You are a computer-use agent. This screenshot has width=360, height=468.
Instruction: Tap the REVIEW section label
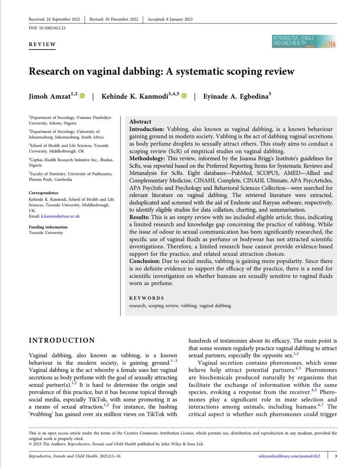click(x=43, y=44)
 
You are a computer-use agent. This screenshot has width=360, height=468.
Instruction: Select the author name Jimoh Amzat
click(x=51, y=96)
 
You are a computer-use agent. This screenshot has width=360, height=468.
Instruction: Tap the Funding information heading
click(x=48, y=227)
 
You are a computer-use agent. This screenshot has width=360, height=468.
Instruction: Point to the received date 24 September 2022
click(x=63, y=19)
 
